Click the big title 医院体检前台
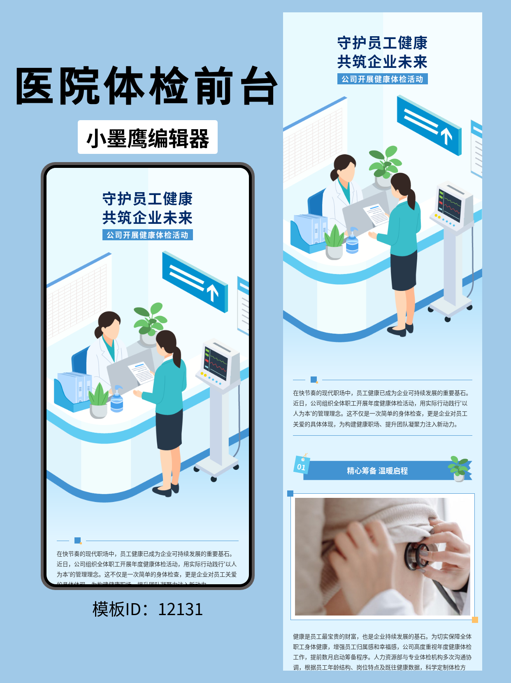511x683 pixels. [x=146, y=86]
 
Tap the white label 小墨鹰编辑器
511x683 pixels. [x=147, y=137]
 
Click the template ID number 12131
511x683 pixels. [x=180, y=609]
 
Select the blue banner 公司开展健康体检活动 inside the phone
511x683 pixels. [x=147, y=235]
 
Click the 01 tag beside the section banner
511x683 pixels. [x=302, y=465]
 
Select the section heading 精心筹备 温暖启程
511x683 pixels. [x=377, y=471]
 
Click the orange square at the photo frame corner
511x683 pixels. [x=475, y=620]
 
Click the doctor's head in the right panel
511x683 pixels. [x=344, y=167]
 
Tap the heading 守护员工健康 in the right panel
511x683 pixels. [x=382, y=43]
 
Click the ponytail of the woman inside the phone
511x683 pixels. [x=177, y=356]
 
